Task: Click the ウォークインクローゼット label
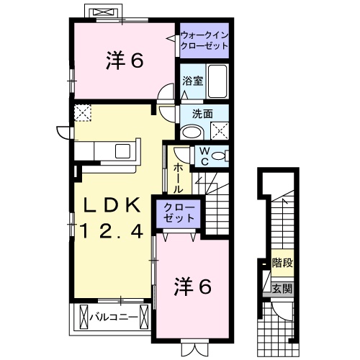tap(204, 39)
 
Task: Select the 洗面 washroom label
tap(202, 114)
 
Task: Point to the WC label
tap(204, 156)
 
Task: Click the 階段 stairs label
tap(283, 264)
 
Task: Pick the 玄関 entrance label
tap(282, 289)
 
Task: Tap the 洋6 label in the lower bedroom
tap(193, 287)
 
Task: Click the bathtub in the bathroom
tap(217, 82)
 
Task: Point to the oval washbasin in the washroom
tap(192, 132)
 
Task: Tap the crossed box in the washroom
tap(219, 130)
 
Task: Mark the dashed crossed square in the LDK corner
tap(83, 113)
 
